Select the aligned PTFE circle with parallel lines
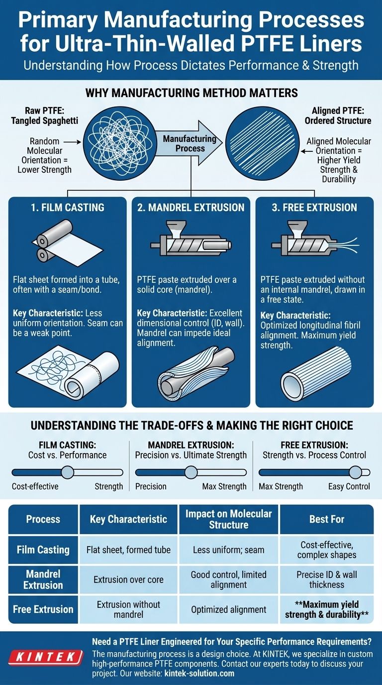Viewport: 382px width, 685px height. [262, 143]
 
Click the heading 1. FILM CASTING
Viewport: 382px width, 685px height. [68, 208]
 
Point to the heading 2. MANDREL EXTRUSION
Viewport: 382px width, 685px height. [191, 208]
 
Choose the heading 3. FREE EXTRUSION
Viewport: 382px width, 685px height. [314, 208]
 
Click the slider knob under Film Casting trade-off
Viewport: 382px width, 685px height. [68, 472]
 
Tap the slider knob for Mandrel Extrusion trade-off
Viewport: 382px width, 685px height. [191, 472]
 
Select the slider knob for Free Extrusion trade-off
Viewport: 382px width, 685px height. [356, 472]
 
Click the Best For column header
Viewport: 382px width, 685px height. [327, 519]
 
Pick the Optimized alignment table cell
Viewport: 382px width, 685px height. [229, 609]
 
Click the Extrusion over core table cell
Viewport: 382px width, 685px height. [128, 579]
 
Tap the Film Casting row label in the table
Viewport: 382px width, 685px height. [43, 550]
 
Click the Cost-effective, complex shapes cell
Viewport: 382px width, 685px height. [327, 550]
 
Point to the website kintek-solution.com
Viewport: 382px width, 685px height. [199, 673]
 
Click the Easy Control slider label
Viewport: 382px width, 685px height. [349, 486]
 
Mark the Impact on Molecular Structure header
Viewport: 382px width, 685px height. [229, 519]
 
